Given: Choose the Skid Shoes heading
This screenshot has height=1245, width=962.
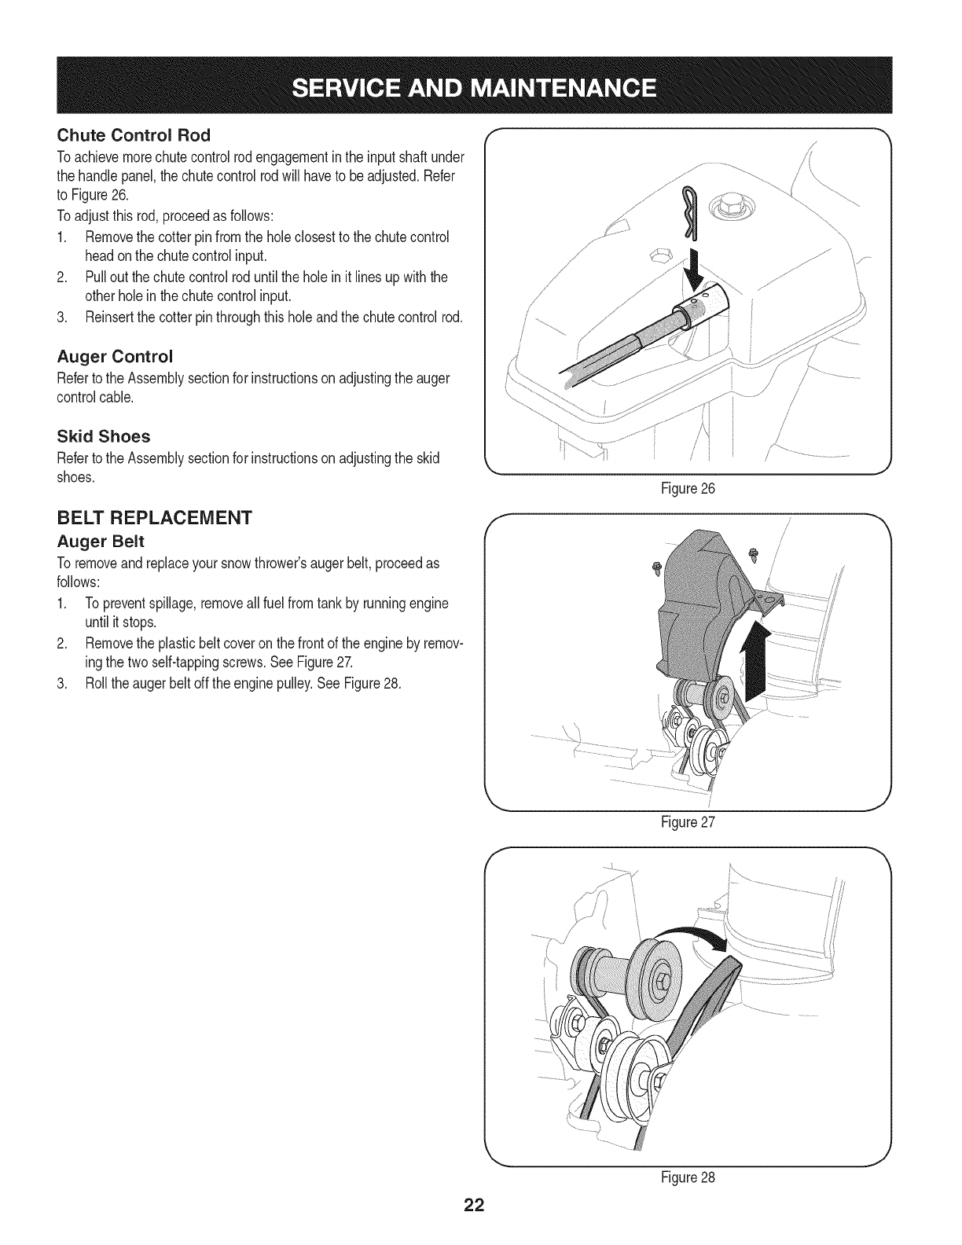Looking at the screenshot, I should [103, 435].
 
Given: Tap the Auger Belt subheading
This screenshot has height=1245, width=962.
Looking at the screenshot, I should [101, 542].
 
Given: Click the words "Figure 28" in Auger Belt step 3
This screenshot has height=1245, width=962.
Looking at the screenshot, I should [380, 682].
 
